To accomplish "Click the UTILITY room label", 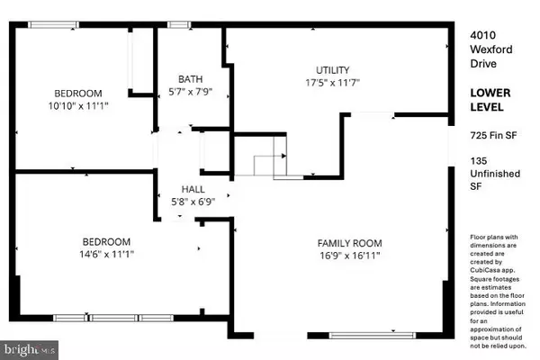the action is tap(333, 70).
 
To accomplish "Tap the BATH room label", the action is tap(191, 79).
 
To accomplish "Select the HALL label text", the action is tap(193, 189).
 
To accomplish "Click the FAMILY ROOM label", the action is tap(349, 243).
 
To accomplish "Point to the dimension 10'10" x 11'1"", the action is tap(78, 106).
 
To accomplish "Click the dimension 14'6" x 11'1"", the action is tap(106, 254).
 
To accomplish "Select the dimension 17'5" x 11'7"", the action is tap(333, 83).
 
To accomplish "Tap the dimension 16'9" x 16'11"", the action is tap(349, 256).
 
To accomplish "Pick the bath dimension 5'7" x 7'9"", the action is tap(191, 92).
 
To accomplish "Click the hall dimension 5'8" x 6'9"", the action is tap(193, 202).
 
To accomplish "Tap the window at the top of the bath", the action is tap(179, 25).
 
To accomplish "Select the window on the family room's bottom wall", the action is tap(373, 336).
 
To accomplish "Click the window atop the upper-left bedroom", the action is tap(53, 25).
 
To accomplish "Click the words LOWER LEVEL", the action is tap(490, 100).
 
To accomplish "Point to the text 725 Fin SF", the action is tap(493, 135).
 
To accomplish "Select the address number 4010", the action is tap(482, 35).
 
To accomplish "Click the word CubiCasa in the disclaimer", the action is tap(484, 270).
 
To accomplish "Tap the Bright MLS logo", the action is tap(30, 350).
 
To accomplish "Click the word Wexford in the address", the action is tap(491, 49).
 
